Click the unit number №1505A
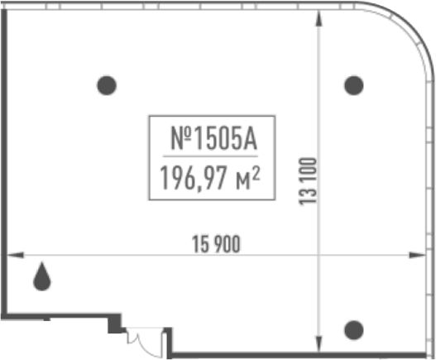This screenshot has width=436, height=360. tap(213, 138)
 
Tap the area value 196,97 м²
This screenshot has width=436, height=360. tap(210, 178)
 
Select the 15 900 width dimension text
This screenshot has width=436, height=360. tap(216, 244)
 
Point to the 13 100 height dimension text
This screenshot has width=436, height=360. tap(308, 181)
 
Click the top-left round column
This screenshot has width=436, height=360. tap(107, 85)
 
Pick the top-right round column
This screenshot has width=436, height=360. tap(354, 85)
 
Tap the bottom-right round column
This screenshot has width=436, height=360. tap(354, 330)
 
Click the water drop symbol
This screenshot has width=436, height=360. tap(42, 277)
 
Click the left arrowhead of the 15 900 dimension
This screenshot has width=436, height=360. tap(15, 255)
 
